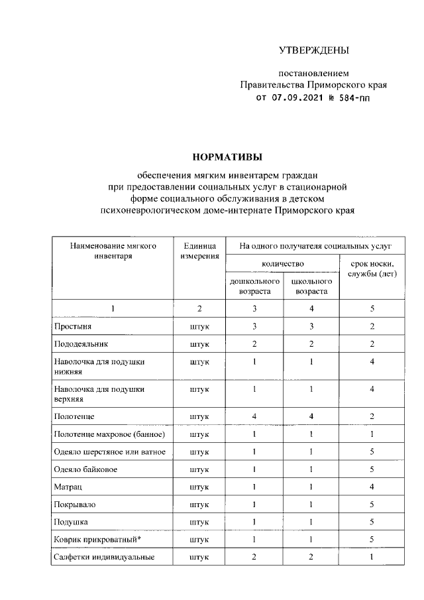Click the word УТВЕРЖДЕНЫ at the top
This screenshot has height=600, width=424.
pyautogui.click(x=313, y=50)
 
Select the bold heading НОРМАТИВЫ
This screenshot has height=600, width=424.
pyautogui.click(x=227, y=156)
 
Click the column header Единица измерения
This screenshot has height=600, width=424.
pyautogui.click(x=199, y=251)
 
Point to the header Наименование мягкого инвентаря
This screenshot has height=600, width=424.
pyautogui.click(x=113, y=251)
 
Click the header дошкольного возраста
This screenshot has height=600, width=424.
pyautogui.click(x=254, y=286)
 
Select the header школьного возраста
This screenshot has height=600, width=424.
pyautogui.click(x=311, y=286)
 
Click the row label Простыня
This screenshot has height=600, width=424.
pyautogui.click(x=74, y=327)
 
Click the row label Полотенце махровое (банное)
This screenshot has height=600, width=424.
pyautogui.click(x=109, y=434)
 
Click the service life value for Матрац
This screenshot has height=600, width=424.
pyautogui.click(x=372, y=487)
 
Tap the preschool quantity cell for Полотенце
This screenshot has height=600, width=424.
pyautogui.click(x=254, y=416)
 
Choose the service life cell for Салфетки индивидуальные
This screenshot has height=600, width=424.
pyautogui.click(x=372, y=558)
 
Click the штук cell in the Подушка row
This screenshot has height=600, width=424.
pyautogui.click(x=199, y=522)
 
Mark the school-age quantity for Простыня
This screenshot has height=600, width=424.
pyautogui.click(x=311, y=327)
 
